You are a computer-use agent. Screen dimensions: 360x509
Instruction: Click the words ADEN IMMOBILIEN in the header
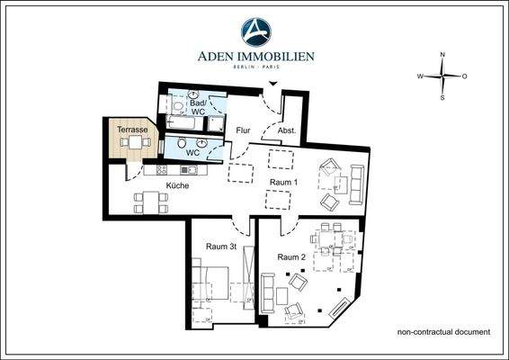pyautogui.click(x=255, y=57)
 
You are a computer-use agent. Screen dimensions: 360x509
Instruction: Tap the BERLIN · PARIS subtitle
pyautogui.click(x=255, y=68)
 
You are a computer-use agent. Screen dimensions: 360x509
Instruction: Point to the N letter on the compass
pyautogui.click(x=442, y=55)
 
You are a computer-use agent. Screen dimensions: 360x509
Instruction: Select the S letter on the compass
pyautogui.click(x=442, y=98)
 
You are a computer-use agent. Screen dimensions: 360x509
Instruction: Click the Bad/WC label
pyautogui.click(x=197, y=105)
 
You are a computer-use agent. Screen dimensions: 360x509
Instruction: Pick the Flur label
pyautogui.click(x=243, y=130)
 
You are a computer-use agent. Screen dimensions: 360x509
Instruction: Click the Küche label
pyautogui.click(x=176, y=185)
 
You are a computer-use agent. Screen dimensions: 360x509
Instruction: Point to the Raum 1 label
pyautogui.click(x=284, y=182)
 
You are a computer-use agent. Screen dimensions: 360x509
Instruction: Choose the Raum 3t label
pyautogui.click(x=220, y=247)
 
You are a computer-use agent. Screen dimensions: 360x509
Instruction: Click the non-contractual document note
pyautogui.click(x=443, y=332)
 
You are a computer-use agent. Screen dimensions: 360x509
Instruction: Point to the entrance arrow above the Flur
pyautogui.click(x=275, y=85)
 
